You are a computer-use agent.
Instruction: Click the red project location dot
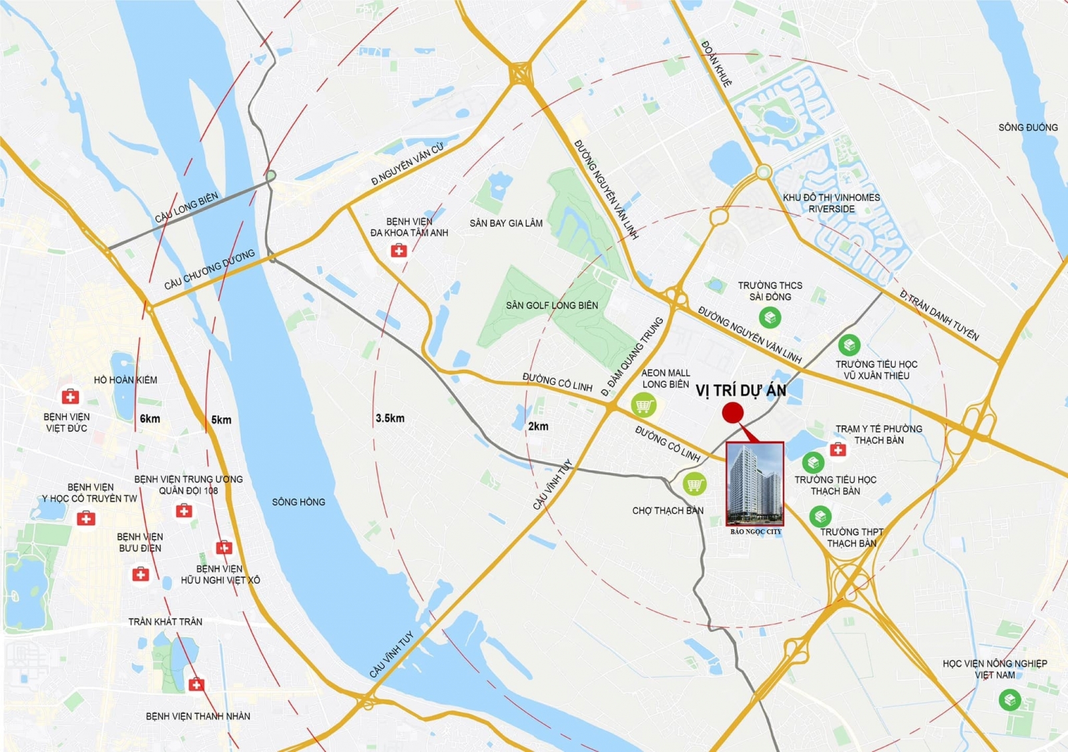pos(732,413)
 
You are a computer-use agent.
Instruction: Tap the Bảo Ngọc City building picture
pos(755,484)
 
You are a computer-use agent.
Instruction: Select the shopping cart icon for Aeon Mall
pos(643,404)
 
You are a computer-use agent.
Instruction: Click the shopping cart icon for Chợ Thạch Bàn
pos(694,484)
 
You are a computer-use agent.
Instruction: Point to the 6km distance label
pos(150,419)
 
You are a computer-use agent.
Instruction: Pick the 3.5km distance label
pos(390,418)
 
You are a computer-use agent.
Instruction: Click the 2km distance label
pos(538,426)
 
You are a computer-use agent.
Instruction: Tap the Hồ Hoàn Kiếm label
pos(125,380)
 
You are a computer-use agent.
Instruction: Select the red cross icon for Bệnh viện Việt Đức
pos(70,397)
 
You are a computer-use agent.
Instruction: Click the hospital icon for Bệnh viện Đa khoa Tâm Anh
pos(398,251)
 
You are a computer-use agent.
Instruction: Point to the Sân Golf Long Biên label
pos(552,306)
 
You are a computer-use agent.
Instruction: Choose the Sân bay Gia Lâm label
pos(506,224)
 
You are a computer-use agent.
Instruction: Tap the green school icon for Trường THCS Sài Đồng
pos(770,317)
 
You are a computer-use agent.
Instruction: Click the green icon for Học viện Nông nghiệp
pos(1009,700)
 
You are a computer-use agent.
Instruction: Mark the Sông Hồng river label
pos(298,502)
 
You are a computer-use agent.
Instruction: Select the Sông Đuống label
pos(1028,127)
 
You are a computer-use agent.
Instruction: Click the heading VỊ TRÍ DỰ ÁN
pos(741,391)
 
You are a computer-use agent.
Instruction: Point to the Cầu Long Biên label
pos(186,208)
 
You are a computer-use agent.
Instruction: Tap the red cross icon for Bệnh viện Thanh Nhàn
pos(196,685)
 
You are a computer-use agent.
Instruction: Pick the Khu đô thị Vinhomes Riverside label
pos(831,204)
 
